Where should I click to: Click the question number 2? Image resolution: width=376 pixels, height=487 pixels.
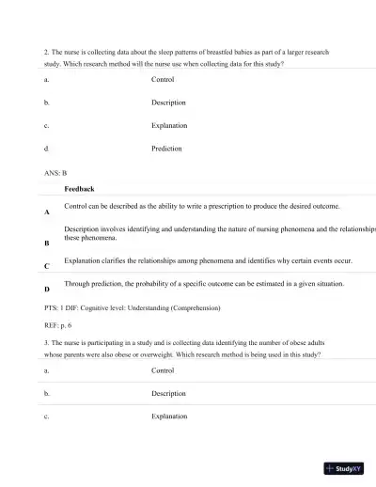[x=47, y=52]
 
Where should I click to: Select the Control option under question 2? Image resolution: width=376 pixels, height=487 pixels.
[x=164, y=80]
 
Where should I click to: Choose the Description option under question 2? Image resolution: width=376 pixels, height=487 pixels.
[x=168, y=102]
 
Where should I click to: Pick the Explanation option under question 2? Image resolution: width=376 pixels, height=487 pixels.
[x=169, y=125]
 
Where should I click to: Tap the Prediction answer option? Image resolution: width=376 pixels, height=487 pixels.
[x=166, y=149]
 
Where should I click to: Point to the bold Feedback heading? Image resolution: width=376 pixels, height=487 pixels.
[x=79, y=189]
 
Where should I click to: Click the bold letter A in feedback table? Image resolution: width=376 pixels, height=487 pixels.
[x=47, y=213]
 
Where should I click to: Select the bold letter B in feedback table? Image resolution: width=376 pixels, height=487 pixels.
[x=47, y=243]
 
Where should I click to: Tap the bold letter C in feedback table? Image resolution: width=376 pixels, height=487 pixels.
[x=47, y=267]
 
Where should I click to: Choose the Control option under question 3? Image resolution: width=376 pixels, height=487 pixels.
[x=164, y=370]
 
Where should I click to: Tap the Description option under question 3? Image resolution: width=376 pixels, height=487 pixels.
[x=168, y=393]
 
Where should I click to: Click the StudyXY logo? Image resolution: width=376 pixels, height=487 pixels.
[x=343, y=467]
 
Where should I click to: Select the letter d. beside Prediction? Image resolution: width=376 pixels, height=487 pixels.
[x=46, y=149]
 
